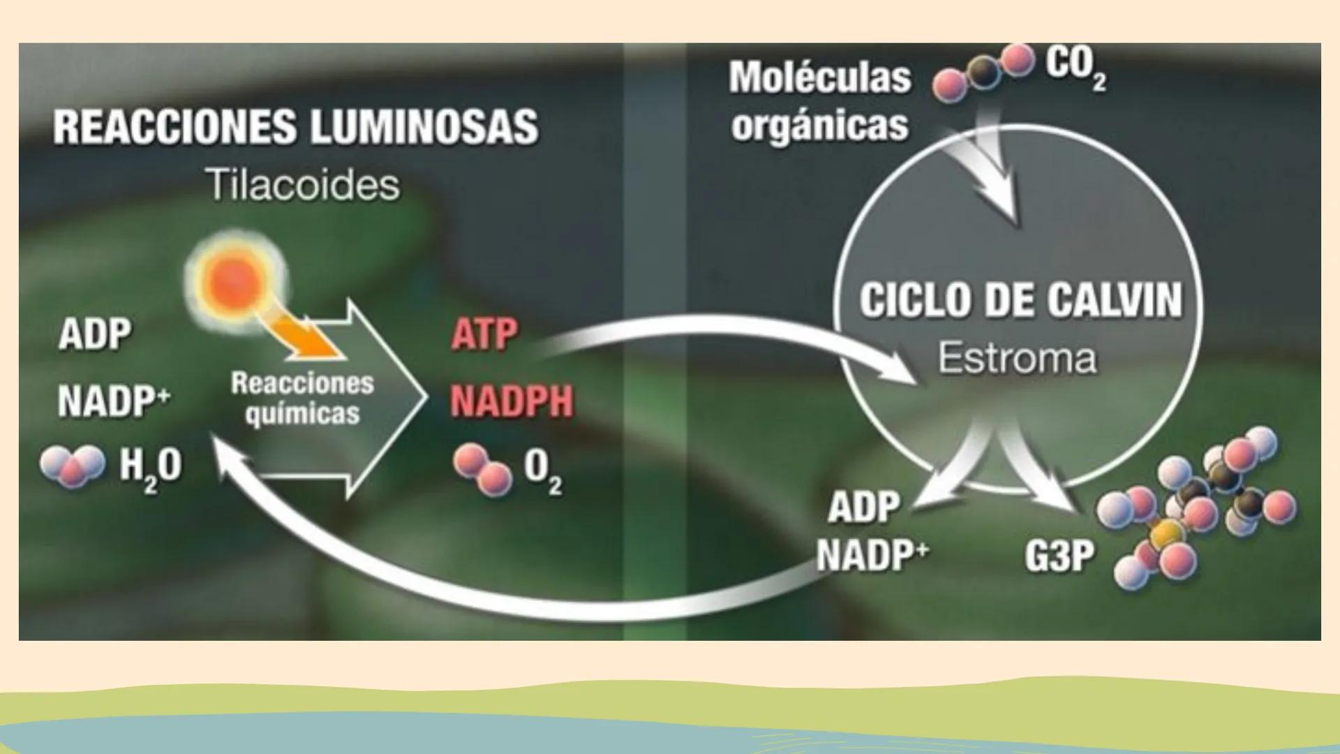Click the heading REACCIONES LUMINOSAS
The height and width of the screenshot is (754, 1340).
pyautogui.click(x=295, y=127)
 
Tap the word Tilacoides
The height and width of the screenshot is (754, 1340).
pyautogui.click(x=304, y=186)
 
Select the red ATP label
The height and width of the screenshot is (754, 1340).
pyautogui.click(x=484, y=334)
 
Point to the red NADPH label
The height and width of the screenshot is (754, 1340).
pyautogui.click(x=511, y=401)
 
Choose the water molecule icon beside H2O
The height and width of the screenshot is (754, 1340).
pyautogui.click(x=73, y=466)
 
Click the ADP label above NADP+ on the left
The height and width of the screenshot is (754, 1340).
pyautogui.click(x=94, y=334)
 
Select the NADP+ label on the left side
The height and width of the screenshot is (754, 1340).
pyautogui.click(x=114, y=401)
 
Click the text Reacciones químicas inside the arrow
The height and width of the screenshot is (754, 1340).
pyautogui.click(x=302, y=398)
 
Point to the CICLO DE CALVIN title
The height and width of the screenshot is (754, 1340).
pyautogui.click(x=1020, y=301)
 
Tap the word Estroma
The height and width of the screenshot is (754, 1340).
pyautogui.click(x=1016, y=358)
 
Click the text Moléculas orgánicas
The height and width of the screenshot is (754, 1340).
pyautogui.click(x=820, y=101)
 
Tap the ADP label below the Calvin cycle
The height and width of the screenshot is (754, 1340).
pyautogui.click(x=863, y=507)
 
